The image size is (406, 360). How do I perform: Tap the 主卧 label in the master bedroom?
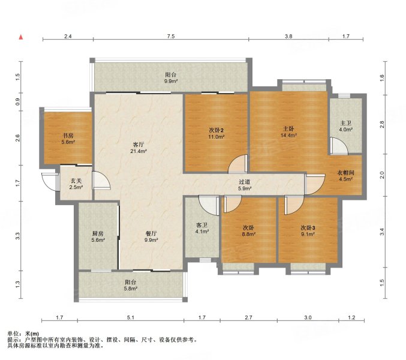[288, 128]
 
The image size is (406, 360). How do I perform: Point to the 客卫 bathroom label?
[202, 225]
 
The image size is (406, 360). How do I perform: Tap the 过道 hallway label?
[243, 182]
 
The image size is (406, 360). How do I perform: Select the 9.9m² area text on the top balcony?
[170, 82]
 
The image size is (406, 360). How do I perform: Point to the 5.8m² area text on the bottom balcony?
[130, 289]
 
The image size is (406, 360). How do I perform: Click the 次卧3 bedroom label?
[308, 228]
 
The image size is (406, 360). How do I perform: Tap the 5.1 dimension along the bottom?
[130, 317]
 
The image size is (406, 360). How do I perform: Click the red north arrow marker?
[21, 37]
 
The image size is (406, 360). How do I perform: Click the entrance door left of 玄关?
[47, 180]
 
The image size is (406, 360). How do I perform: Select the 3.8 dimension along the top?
[288, 37]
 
